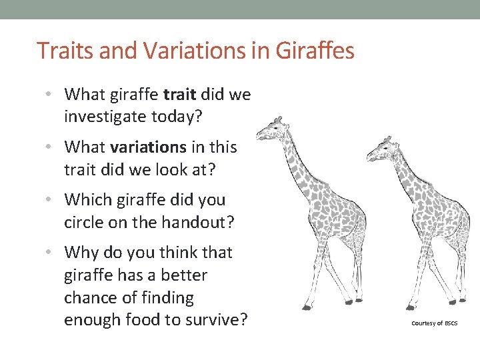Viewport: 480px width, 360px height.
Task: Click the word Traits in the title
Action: click(61, 50)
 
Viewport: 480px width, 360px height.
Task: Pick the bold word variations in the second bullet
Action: click(148, 147)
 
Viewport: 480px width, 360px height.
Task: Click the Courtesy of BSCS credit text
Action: click(435, 323)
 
